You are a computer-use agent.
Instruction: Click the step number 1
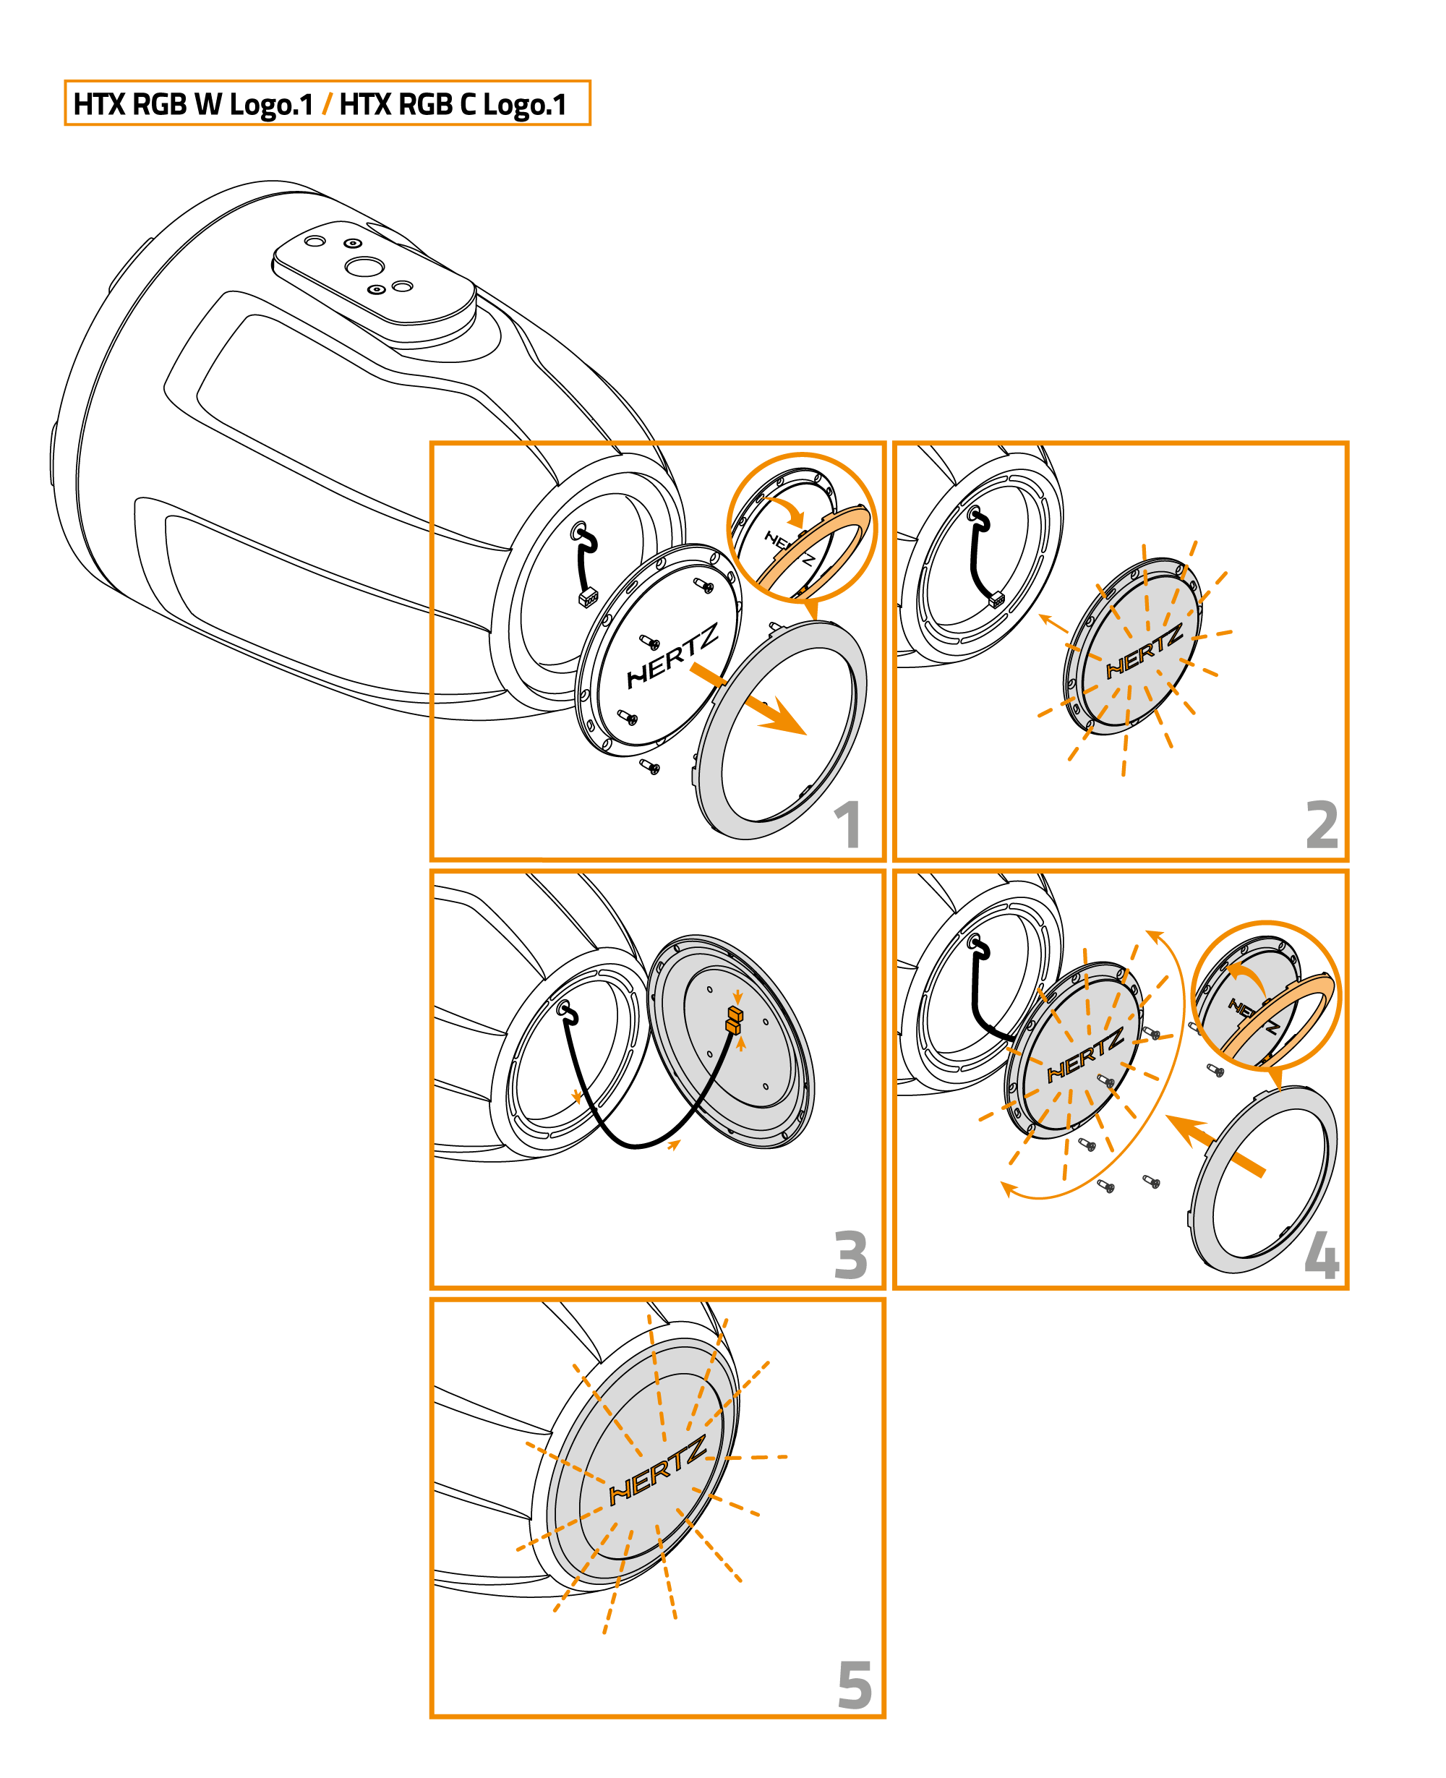849,824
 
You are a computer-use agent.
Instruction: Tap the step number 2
1322,824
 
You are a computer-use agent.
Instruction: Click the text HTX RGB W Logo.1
193,104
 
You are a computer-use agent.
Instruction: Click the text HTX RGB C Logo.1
453,104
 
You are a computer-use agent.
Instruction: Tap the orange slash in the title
327,104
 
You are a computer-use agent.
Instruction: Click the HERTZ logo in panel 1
672,657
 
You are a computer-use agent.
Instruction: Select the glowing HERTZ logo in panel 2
1145,651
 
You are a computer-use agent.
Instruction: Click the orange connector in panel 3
734,1020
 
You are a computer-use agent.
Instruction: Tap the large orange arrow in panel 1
748,698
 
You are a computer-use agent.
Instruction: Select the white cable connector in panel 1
588,597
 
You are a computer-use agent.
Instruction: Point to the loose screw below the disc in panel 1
650,766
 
